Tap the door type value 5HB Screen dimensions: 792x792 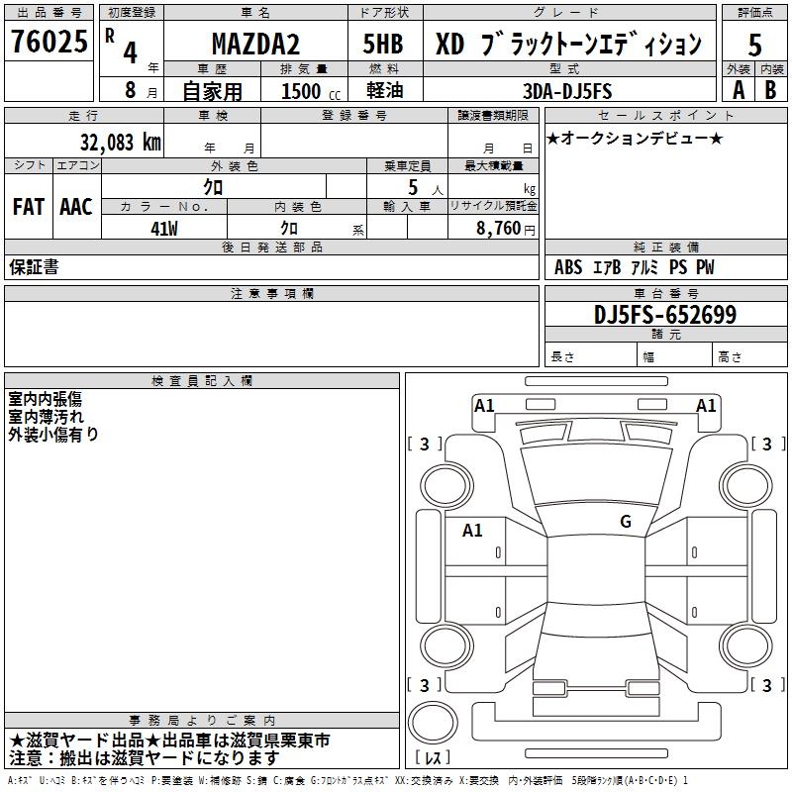tap(382, 45)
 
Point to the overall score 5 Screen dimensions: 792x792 tap(754, 45)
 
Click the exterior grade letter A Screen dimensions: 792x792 tap(738, 89)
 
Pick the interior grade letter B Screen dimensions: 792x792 tap(771, 89)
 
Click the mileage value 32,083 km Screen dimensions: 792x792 tap(120, 142)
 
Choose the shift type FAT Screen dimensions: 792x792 tap(28, 207)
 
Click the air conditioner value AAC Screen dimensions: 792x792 tap(76, 207)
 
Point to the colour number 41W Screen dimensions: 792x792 tap(163, 228)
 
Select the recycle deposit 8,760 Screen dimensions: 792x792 tap(499, 229)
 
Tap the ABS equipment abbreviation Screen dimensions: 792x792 tap(568, 267)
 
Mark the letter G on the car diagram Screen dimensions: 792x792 tap(626, 522)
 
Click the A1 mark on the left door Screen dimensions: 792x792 tap(472, 531)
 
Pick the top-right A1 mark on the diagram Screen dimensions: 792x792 tap(706, 405)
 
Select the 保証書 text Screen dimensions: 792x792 tap(34, 267)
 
